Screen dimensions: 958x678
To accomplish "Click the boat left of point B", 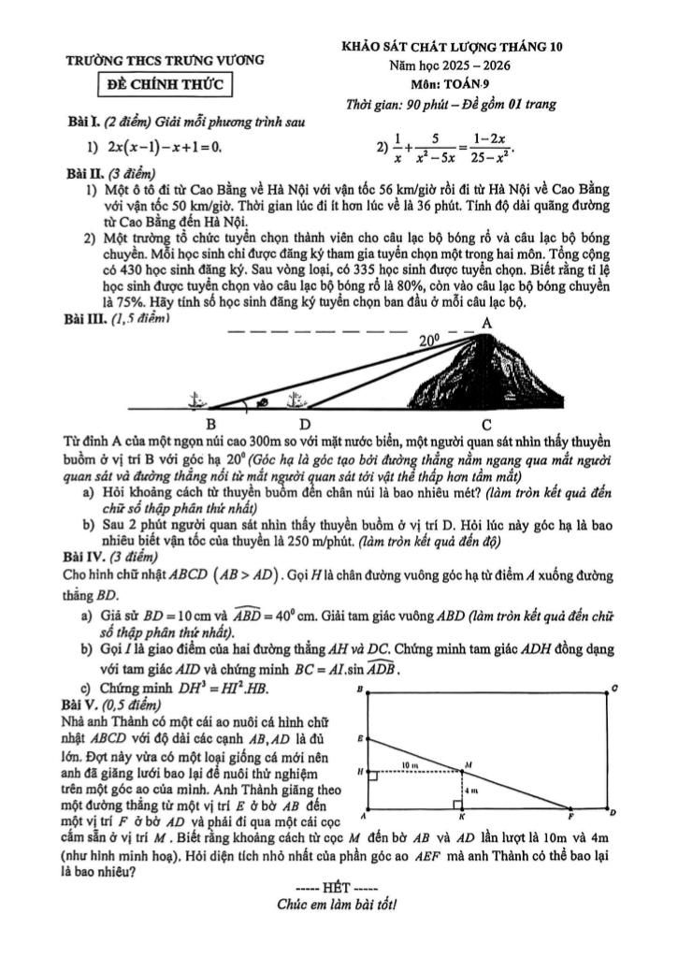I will pos(195,400).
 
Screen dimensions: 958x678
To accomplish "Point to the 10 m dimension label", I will pos(409,765).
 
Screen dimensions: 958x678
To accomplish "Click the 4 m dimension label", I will pos(473,791).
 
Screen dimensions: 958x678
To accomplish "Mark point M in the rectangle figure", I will pos(468,764).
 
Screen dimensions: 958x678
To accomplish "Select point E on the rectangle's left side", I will pos(360,739).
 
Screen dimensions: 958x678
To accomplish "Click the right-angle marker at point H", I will pos(373,776).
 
